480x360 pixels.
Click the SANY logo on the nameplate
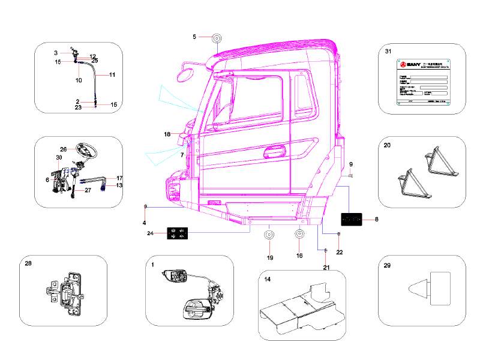tap(410, 64)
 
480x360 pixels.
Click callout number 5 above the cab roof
tap(194, 37)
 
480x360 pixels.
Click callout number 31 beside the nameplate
tap(388, 52)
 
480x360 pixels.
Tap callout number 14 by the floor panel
tap(267, 279)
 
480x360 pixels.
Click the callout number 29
tap(388, 265)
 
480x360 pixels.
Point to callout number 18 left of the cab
tap(168, 134)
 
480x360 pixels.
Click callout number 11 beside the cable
tap(112, 75)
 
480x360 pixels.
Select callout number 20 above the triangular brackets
tap(387, 145)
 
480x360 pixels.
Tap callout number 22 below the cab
tap(339, 252)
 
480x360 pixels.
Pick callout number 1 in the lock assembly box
tap(152, 265)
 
